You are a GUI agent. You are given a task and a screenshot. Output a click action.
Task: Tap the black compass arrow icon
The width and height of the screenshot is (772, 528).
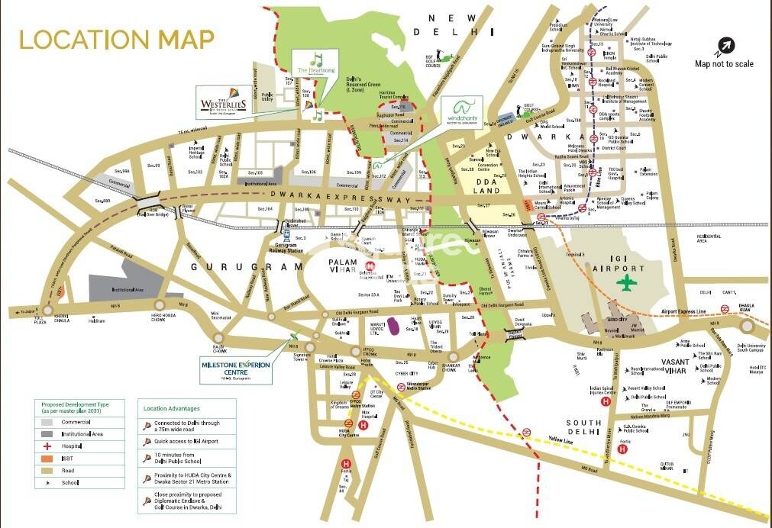723,45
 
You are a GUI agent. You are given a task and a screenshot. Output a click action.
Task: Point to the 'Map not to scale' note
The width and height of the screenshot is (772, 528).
723,64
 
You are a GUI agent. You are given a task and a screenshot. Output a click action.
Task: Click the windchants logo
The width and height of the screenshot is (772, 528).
469,112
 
